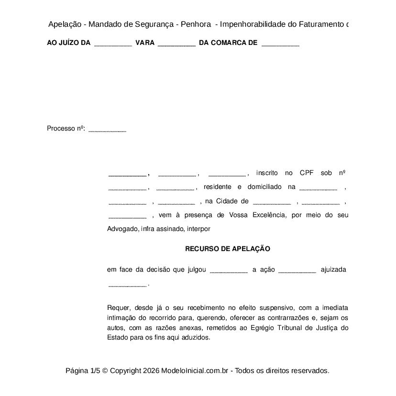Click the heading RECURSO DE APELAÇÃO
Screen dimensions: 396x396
tap(228, 249)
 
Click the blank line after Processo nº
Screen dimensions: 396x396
tap(108, 129)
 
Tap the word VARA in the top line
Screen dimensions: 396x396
tap(145, 43)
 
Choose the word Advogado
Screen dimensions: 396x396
tap(122, 229)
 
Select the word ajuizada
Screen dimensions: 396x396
tap(333, 270)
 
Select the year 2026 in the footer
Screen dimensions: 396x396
tap(151, 371)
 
